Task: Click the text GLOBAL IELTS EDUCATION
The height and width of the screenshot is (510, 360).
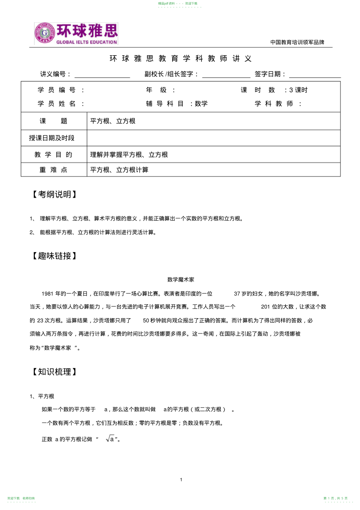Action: point(87,42)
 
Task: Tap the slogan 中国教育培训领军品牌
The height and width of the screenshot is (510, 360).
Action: point(297,42)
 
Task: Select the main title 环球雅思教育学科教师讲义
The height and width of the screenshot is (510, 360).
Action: point(181,59)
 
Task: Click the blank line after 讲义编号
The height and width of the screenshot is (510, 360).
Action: point(102,75)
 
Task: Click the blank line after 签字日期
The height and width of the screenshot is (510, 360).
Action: point(315,75)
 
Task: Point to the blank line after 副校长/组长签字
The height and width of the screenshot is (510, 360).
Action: point(226,75)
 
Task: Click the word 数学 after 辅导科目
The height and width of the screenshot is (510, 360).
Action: point(201,104)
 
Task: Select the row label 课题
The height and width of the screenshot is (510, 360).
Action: point(54,121)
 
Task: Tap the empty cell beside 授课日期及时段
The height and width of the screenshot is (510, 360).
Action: point(213,138)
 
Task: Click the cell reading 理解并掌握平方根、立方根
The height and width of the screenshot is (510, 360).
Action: point(129,155)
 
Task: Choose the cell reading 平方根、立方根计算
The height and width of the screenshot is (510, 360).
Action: point(119,170)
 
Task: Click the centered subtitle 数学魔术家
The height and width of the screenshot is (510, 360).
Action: point(181,279)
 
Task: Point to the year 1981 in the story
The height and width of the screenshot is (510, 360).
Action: point(47,294)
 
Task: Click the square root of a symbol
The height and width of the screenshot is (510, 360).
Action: point(110,439)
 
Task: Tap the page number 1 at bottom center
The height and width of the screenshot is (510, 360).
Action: point(181,479)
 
